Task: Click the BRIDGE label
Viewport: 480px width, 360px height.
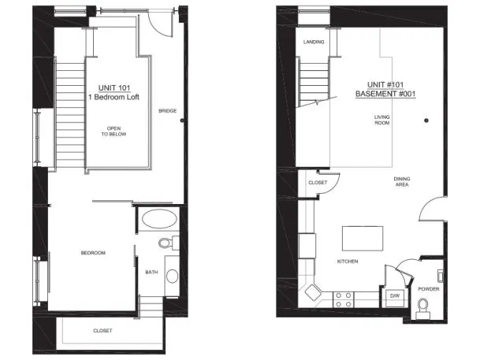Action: coord(167,111)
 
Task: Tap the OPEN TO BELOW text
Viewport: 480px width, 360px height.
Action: coord(113,132)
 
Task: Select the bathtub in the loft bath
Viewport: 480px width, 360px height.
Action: coord(159,219)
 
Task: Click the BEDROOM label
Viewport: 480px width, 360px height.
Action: coord(93,253)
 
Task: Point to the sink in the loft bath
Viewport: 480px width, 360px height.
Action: coord(172,276)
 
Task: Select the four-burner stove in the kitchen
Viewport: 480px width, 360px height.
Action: coord(343,300)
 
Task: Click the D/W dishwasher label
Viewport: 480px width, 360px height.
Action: coord(395,295)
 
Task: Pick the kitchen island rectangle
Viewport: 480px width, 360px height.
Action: coord(363,239)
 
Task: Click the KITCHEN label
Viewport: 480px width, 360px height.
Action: coord(348,262)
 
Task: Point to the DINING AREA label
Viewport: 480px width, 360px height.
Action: coord(402,182)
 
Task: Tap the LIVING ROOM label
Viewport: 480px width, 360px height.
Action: coord(382,120)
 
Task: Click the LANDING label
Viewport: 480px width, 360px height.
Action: coord(314,42)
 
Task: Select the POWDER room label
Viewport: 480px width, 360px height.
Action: coord(429,289)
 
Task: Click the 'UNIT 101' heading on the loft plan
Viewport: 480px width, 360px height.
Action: coord(114,88)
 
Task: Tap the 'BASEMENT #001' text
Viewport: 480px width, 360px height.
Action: coord(385,94)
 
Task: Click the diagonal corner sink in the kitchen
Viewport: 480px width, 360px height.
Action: coord(313,292)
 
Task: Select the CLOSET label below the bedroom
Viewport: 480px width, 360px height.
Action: coord(102,331)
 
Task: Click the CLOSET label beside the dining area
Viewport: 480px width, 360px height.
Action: coord(318,183)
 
